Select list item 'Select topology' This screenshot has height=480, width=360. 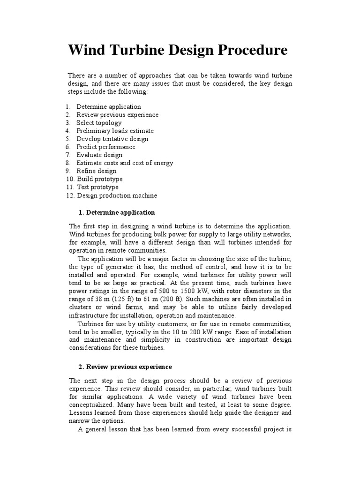coord(99,123)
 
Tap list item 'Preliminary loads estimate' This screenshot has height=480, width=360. coord(115,131)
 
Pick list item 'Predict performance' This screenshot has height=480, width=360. coord(106,147)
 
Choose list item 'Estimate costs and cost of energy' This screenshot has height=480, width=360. coord(125,163)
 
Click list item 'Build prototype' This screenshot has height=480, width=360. coord(100,179)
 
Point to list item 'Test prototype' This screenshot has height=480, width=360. coord(97,187)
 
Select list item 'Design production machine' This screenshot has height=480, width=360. coord(117,195)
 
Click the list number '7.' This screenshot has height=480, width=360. coord(68,155)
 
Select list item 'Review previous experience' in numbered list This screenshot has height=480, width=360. coord(117,115)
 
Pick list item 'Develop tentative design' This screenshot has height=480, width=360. coord(112,139)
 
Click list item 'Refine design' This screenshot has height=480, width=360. coord(97,171)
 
